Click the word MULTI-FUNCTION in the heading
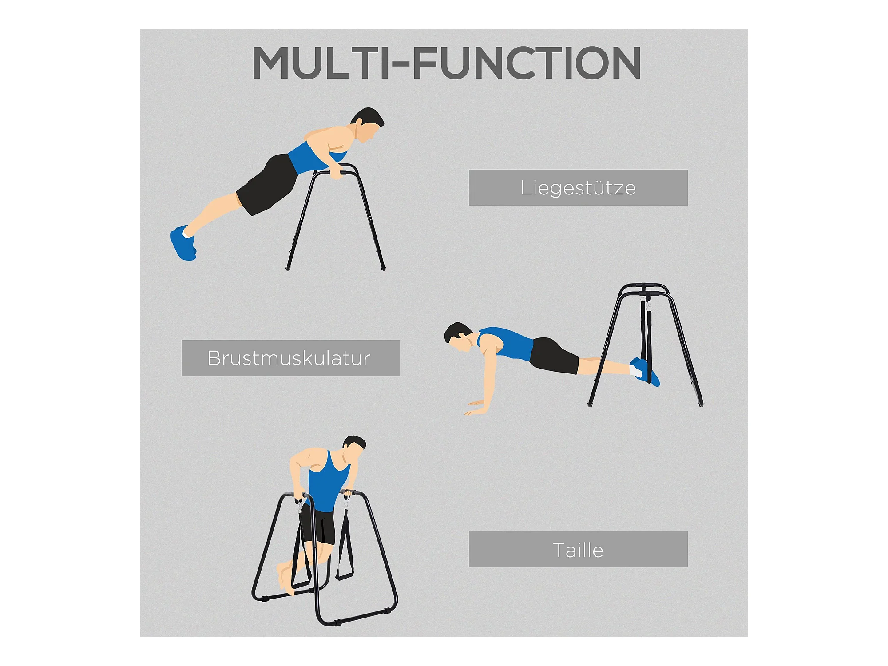(x=446, y=63)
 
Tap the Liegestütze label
(x=578, y=187)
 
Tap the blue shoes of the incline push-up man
(x=183, y=243)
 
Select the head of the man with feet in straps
(x=458, y=337)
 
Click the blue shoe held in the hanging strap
(x=645, y=371)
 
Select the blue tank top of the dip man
(x=329, y=482)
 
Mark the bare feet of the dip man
(x=285, y=577)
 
